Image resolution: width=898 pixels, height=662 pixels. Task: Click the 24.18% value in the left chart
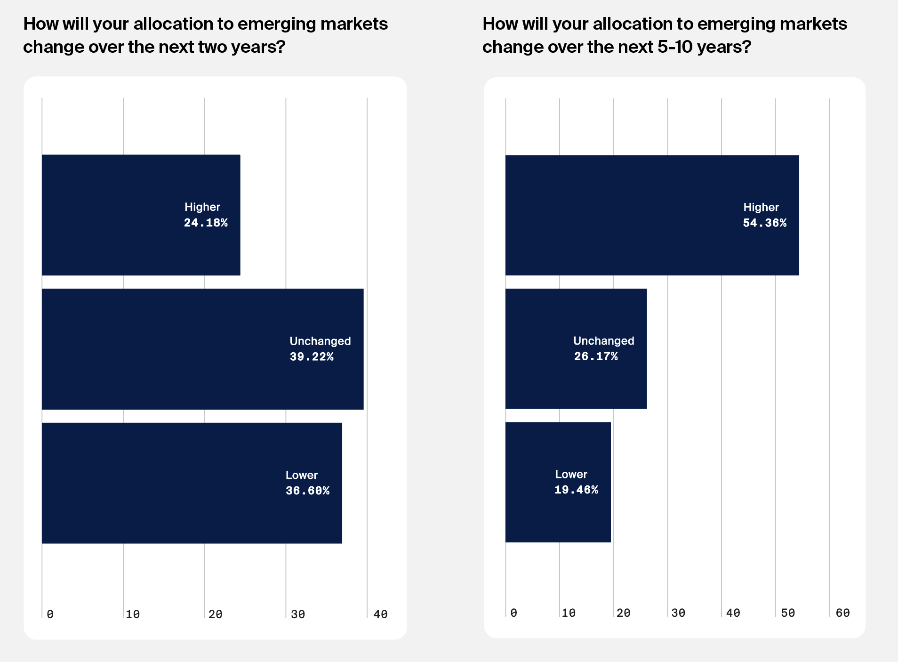[x=206, y=223]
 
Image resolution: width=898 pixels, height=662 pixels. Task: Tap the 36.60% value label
[x=307, y=491]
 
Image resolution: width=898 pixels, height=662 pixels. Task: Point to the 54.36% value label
[x=764, y=223]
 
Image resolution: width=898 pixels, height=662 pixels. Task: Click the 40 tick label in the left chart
[x=380, y=614]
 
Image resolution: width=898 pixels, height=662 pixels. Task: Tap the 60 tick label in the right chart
[x=842, y=613]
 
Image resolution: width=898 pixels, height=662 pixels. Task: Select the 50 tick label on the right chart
[x=788, y=613]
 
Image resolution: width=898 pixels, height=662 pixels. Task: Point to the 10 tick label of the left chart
[x=133, y=614]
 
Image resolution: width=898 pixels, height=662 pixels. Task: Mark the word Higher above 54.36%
[x=761, y=207]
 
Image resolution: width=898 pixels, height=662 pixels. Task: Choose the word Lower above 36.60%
[x=301, y=475]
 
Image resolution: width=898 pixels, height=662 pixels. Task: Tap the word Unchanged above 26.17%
[x=603, y=340]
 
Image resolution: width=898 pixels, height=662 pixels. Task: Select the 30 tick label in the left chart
[x=297, y=614]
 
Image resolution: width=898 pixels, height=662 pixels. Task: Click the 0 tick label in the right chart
[x=513, y=613]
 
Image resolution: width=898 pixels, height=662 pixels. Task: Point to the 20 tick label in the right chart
[x=623, y=613]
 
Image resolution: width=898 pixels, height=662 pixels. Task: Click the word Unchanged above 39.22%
[x=320, y=341]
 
